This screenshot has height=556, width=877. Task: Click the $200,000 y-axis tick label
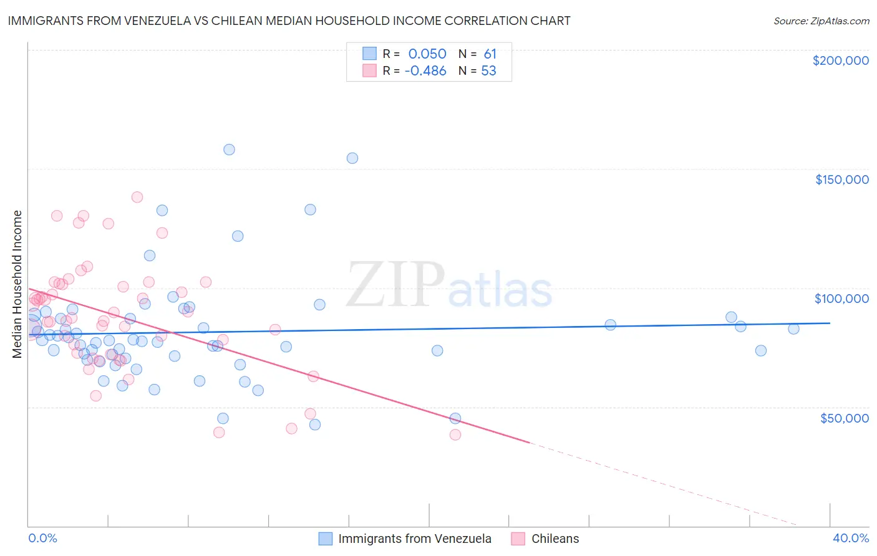pyautogui.click(x=840, y=60)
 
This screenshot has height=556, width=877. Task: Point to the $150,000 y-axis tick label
pyautogui.click(x=841, y=180)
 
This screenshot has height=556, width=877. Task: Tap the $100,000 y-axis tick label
pyautogui.click(x=841, y=299)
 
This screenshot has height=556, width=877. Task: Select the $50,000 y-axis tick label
pyautogui.click(x=844, y=418)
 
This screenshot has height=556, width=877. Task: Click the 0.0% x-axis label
pyautogui.click(x=42, y=538)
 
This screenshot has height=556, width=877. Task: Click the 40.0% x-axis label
pyautogui.click(x=850, y=538)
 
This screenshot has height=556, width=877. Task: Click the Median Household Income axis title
pyautogui.click(x=17, y=284)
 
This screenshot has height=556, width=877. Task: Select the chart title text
pyautogui.click(x=289, y=21)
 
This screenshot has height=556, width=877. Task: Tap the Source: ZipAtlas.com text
pyautogui.click(x=821, y=21)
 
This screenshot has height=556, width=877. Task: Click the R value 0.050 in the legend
pyautogui.click(x=427, y=54)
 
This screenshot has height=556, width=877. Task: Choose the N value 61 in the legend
pyautogui.click(x=490, y=54)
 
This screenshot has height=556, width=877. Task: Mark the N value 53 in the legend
pyautogui.click(x=488, y=71)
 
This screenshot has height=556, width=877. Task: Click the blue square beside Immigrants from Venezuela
pyautogui.click(x=326, y=539)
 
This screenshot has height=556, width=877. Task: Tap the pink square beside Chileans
pyautogui.click(x=518, y=539)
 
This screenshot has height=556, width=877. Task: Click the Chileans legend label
pyautogui.click(x=555, y=539)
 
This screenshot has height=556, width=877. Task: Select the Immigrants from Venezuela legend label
pyautogui.click(x=415, y=539)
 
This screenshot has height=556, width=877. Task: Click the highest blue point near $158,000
pyautogui.click(x=229, y=150)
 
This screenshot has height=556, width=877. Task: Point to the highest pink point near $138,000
pyautogui.click(x=137, y=197)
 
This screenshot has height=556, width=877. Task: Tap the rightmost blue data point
pyautogui.click(x=793, y=329)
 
